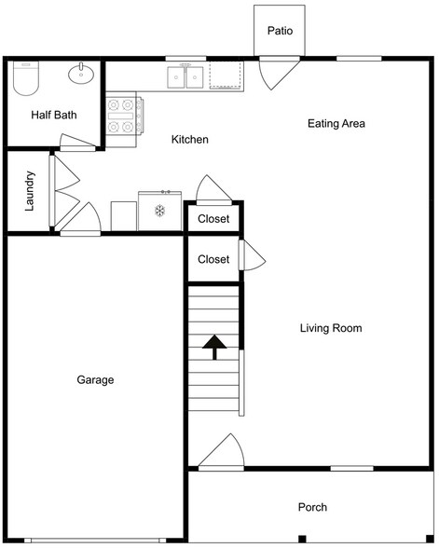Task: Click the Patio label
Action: coord(280,31)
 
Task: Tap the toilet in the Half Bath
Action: coord(25,78)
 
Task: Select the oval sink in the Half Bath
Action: coord(81,74)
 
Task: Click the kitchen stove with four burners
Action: coord(125,116)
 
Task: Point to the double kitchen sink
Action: coord(185,76)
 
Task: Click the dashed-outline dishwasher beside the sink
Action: coord(226,75)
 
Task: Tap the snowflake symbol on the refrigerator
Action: coord(159,211)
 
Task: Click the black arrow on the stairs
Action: coord(214,347)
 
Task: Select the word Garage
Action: coord(95,380)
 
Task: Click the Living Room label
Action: coord(331,328)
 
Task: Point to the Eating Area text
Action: coord(336,123)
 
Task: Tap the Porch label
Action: coord(312,507)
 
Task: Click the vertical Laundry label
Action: coord(30,191)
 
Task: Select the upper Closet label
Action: coord(213,219)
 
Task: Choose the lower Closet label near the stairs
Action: coord(213,259)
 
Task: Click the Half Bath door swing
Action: coord(77,143)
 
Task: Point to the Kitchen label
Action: coord(190,140)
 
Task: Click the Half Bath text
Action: coord(54,115)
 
